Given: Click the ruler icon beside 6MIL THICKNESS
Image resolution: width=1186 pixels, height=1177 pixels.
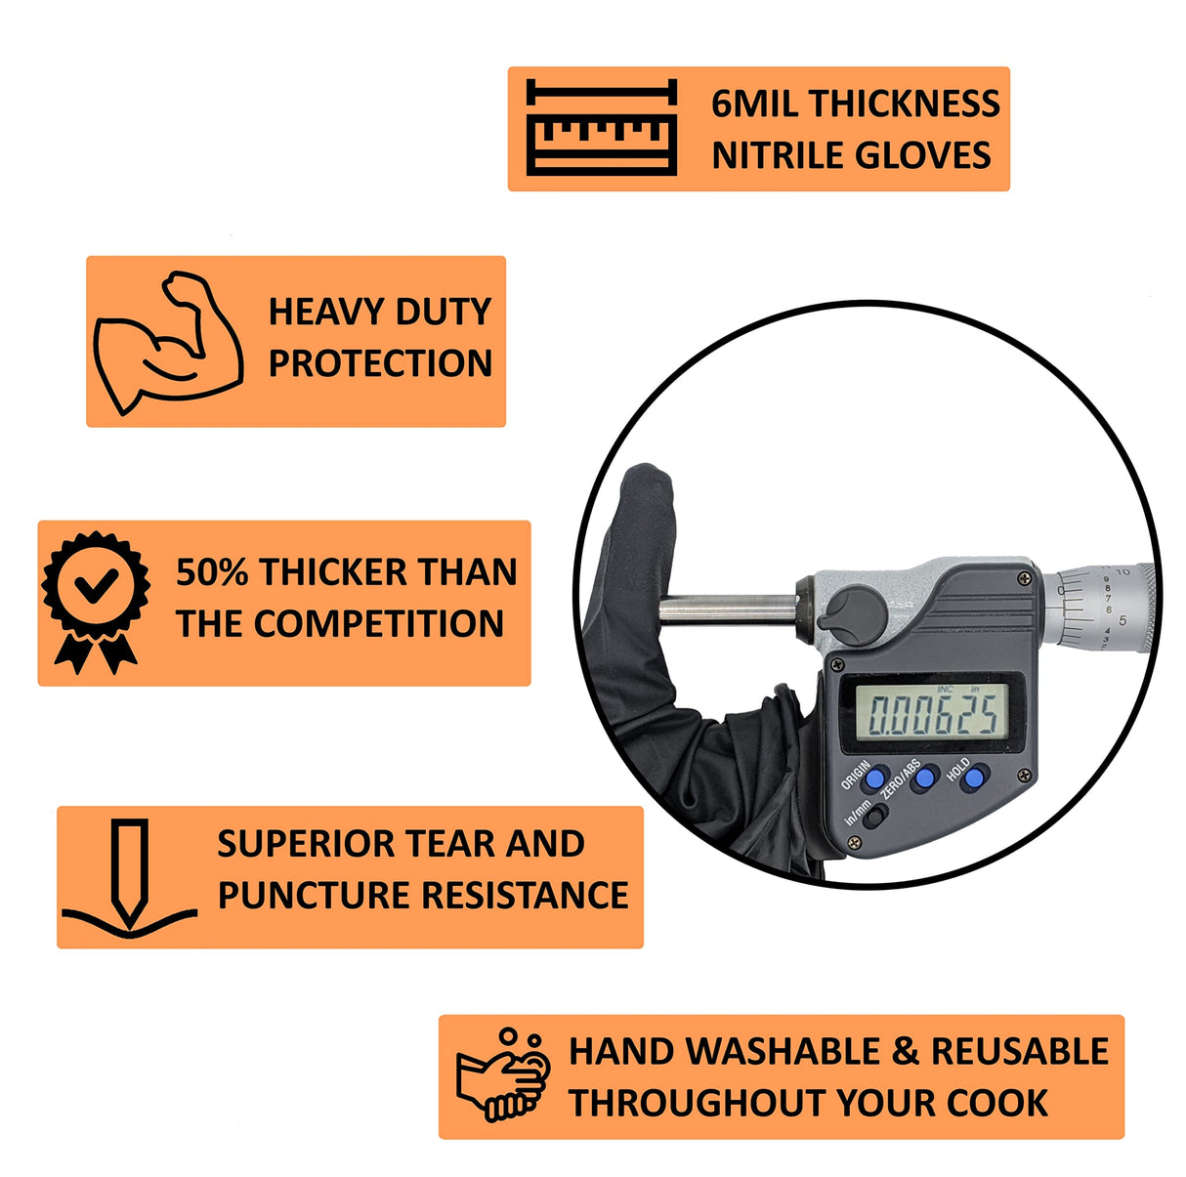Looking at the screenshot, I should click(x=601, y=128).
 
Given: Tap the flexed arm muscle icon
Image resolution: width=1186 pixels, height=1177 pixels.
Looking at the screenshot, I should click(x=167, y=342).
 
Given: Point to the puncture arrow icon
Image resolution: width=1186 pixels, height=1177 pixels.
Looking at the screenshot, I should click(x=129, y=877).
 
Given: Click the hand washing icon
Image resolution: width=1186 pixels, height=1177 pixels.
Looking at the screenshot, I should click(x=504, y=1074).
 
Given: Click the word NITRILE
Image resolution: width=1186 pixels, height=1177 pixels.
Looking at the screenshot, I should click(x=778, y=155).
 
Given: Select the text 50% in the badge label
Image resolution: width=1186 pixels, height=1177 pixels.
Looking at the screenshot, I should click(x=211, y=572).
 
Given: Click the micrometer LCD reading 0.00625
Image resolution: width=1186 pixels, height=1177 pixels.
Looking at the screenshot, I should click(x=934, y=713).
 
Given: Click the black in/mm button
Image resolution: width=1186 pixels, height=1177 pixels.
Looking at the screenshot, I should click(x=875, y=818).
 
